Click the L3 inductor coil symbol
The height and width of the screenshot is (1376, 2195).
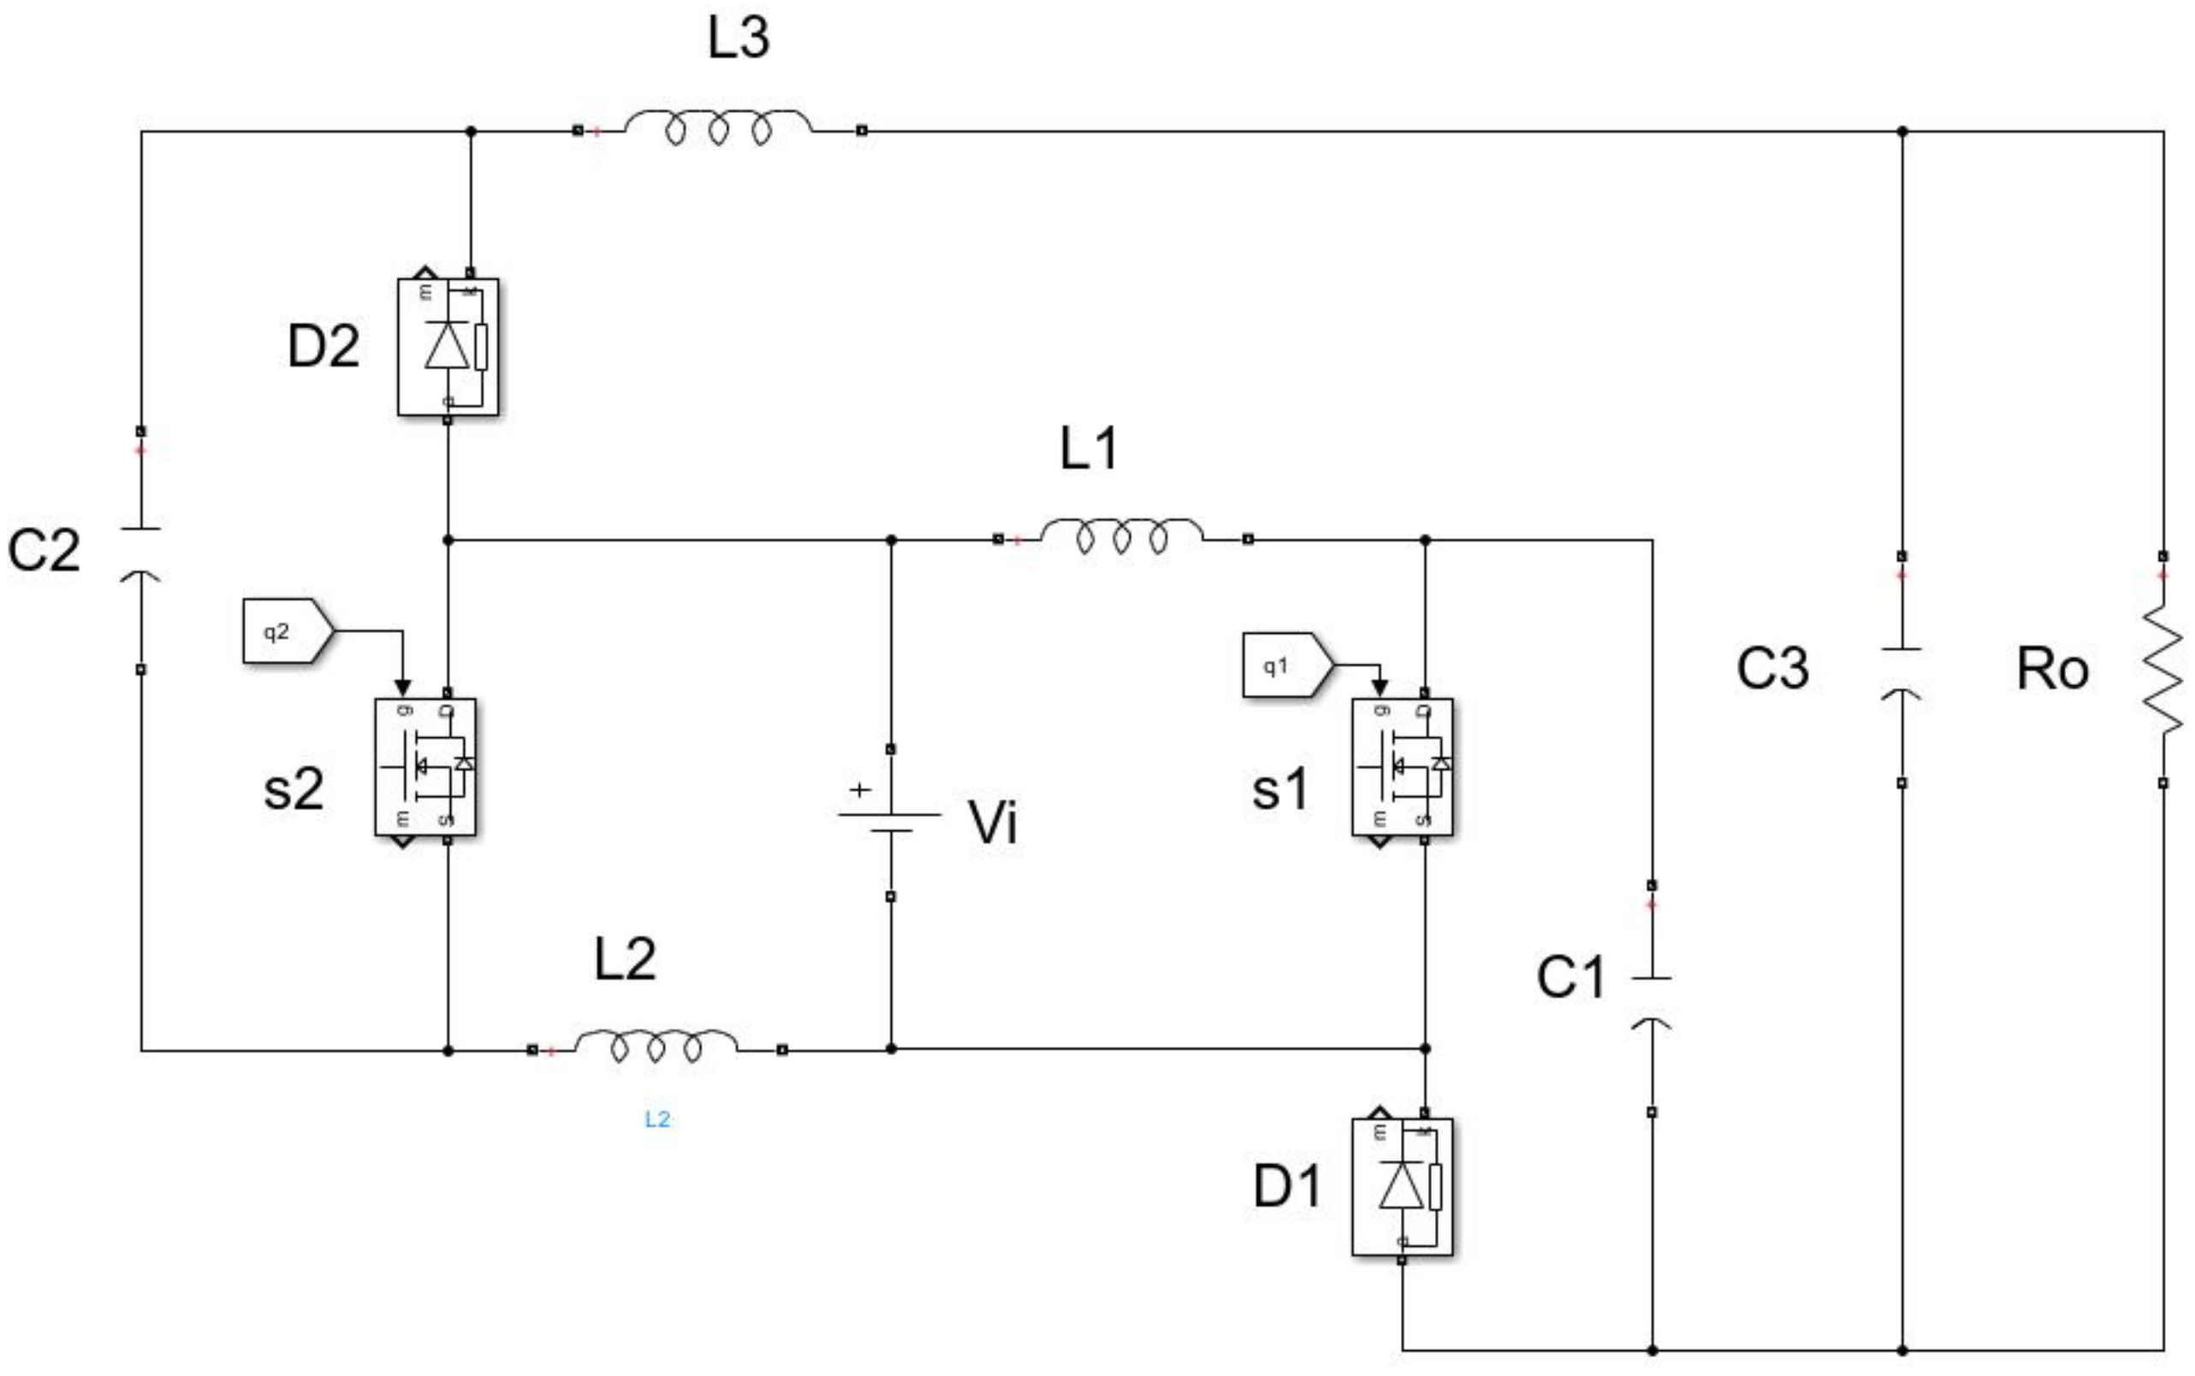pyautogui.click(x=718, y=128)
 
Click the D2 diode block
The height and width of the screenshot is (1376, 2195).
pyautogui.click(x=447, y=346)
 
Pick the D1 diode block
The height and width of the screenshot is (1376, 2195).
pyautogui.click(x=1401, y=1186)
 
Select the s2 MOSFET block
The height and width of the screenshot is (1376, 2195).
pyautogui.click(x=424, y=766)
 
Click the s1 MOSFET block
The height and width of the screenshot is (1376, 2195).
pyautogui.click(x=1401, y=766)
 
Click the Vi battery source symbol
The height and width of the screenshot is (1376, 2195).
pyautogui.click(x=889, y=822)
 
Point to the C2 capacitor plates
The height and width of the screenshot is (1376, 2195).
pyautogui.click(x=140, y=552)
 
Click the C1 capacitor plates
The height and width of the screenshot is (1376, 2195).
pyautogui.click(x=1651, y=999)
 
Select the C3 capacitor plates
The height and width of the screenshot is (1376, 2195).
pyautogui.click(x=1901, y=671)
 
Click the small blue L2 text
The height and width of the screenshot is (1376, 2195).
pyautogui.click(x=657, y=1119)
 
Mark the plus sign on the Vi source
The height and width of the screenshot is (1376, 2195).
pyautogui.click(x=859, y=790)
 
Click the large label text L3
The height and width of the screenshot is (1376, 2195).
pyautogui.click(x=739, y=38)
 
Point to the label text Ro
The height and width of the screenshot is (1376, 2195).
pyautogui.click(x=2052, y=669)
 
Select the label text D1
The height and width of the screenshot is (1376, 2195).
pyautogui.click(x=1286, y=1186)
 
